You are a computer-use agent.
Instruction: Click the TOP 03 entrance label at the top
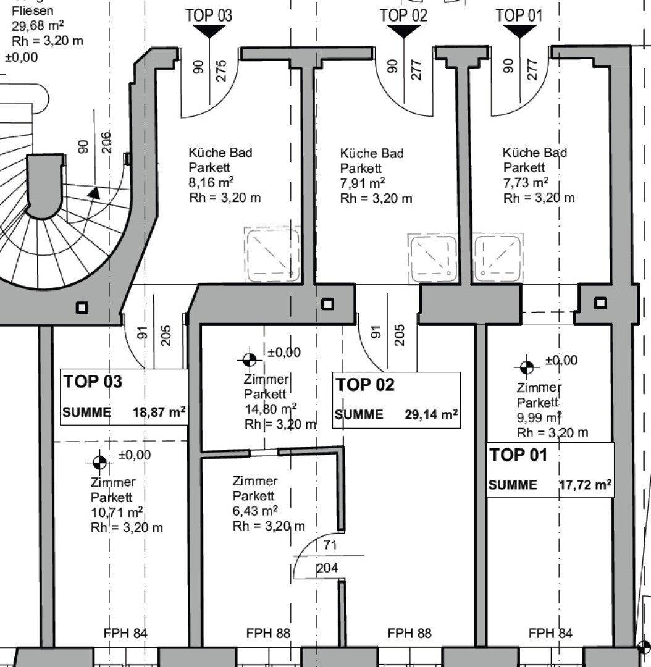(209, 15)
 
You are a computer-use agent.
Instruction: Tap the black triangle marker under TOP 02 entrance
(403, 31)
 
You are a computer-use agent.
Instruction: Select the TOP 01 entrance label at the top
(519, 15)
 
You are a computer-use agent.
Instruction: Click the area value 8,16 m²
(211, 182)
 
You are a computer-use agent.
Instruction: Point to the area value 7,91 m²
(363, 183)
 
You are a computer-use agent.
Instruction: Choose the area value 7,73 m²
(526, 182)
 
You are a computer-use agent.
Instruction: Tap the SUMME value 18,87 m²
(159, 412)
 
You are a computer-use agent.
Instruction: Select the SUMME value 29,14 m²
(432, 414)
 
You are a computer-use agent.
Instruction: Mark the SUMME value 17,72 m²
(586, 485)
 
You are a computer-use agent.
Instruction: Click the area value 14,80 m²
(271, 409)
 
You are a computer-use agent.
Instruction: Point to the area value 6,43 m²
(255, 511)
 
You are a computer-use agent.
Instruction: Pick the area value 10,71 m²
(117, 512)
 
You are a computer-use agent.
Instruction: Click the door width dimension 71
(330, 545)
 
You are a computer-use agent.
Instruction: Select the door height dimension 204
(327, 568)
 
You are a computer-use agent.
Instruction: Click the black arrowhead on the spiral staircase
(94, 193)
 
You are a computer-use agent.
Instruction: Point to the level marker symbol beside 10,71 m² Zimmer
(99, 463)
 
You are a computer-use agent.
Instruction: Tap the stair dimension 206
(106, 141)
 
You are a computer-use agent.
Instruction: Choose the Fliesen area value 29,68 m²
(38, 26)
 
